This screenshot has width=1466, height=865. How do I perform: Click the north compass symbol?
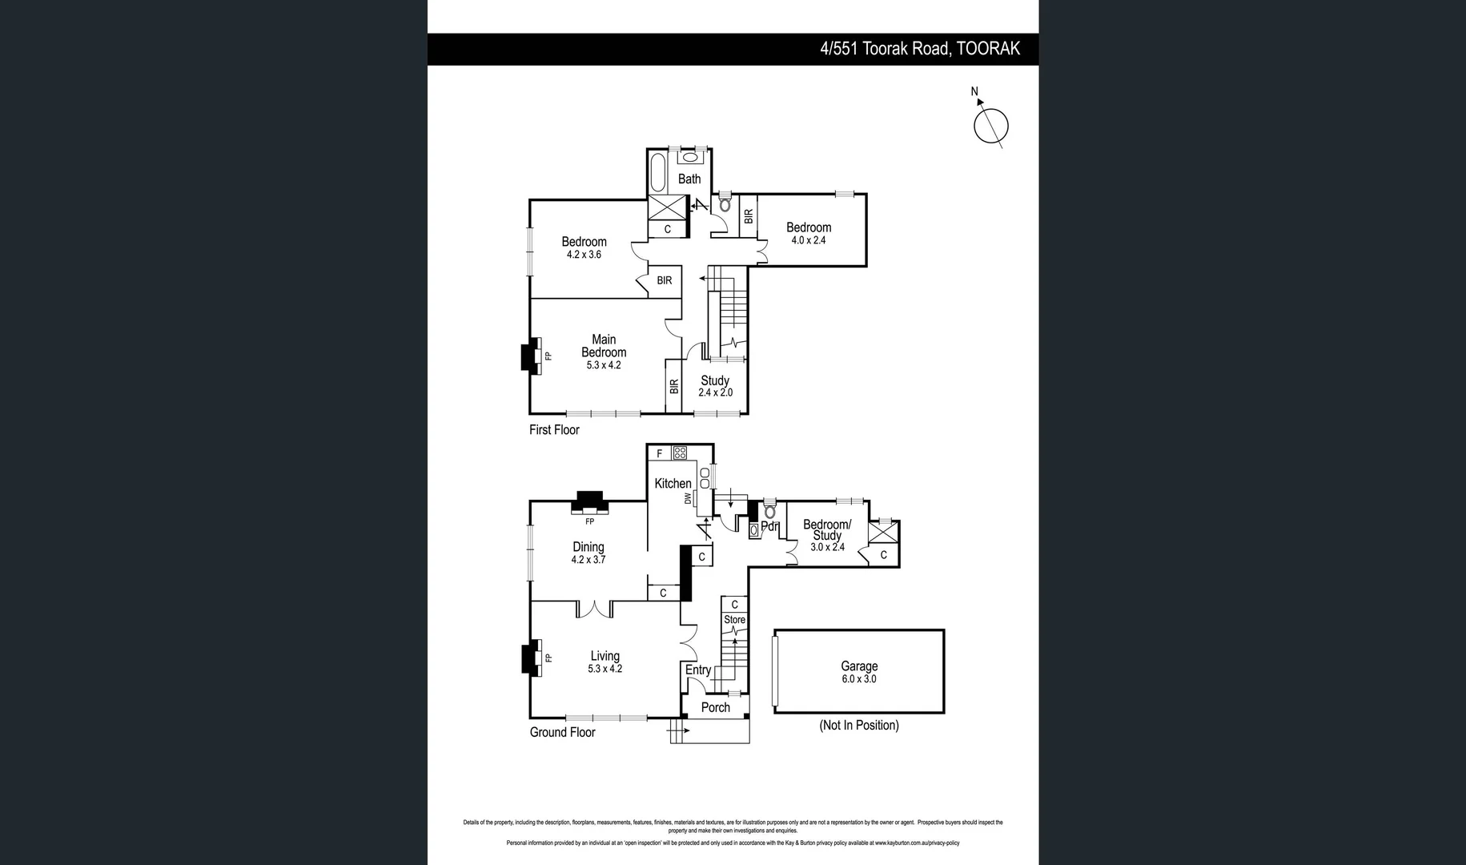[990, 126]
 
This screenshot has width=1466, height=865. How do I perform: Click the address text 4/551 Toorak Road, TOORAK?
[919, 49]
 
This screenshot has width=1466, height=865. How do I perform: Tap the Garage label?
[859, 666]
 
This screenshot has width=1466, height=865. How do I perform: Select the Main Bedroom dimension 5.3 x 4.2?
[604, 365]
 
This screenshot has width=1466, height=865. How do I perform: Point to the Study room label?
[715, 380]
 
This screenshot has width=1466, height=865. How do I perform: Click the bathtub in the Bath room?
[657, 172]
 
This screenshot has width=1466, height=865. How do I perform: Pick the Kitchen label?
[673, 484]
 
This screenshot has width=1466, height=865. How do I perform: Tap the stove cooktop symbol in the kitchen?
[680, 453]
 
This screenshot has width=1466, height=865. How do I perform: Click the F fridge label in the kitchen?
[660, 453]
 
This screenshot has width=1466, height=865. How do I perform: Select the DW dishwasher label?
[688, 498]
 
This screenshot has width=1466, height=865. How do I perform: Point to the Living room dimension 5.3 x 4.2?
[604, 669]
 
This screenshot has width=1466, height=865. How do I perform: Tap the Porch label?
[715, 707]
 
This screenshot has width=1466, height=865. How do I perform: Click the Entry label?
[697, 670]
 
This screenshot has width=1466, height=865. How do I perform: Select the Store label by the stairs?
[734, 620]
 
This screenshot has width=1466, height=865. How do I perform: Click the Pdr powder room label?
[769, 527]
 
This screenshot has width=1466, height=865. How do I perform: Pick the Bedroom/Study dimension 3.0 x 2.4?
[827, 548]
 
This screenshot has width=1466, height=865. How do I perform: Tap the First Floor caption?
[554, 430]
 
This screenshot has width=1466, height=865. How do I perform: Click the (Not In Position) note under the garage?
[859, 725]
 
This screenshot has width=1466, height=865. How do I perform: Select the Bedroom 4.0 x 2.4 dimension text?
[809, 240]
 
